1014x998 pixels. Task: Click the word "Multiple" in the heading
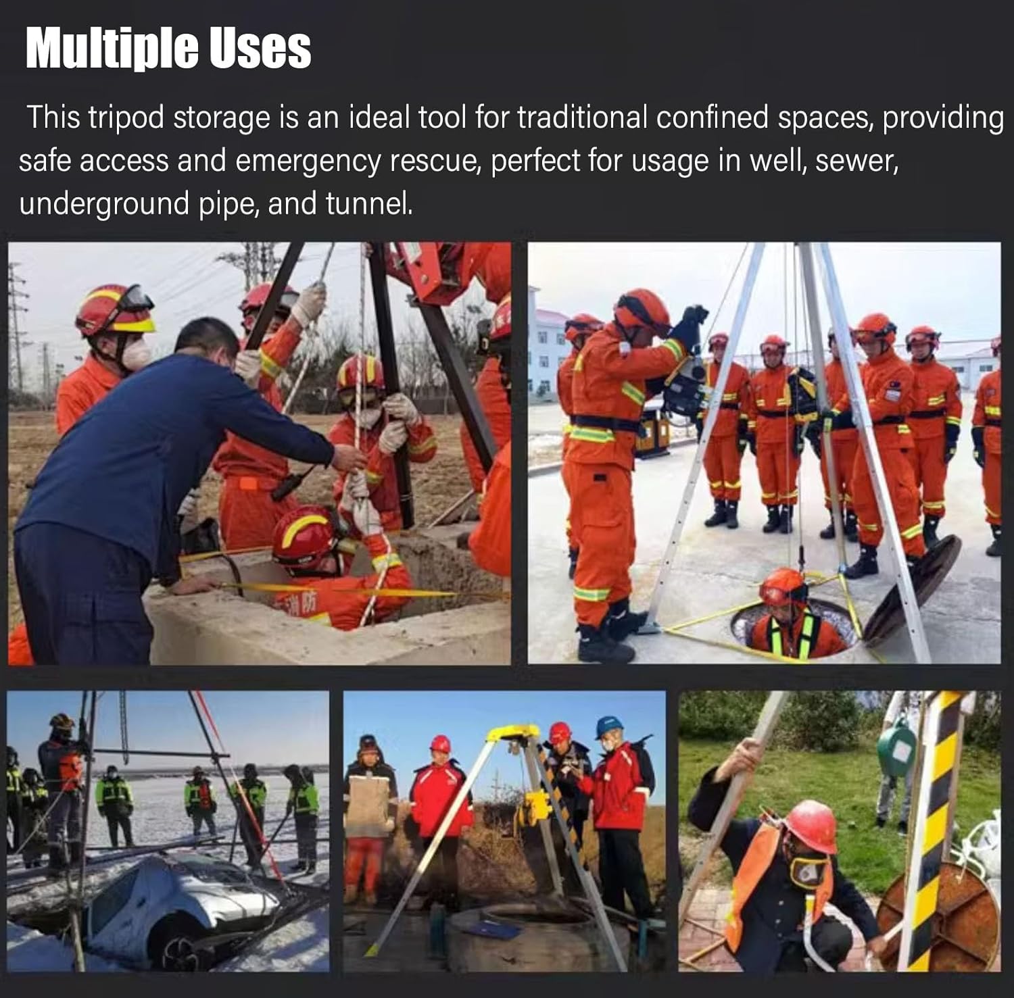click(x=112, y=49)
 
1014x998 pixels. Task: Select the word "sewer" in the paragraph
click(x=856, y=161)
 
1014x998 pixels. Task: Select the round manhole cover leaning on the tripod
click(x=913, y=588)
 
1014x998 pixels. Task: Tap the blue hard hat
click(x=608, y=726)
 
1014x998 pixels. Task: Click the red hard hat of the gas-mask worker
click(x=812, y=824)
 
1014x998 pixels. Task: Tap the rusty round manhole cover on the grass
click(x=946, y=919)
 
